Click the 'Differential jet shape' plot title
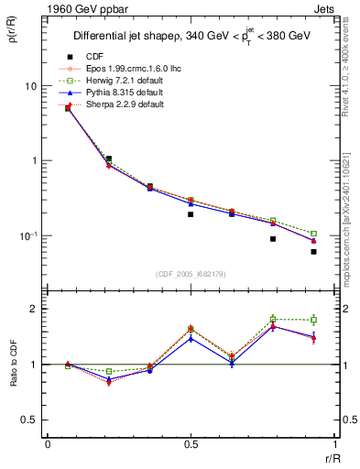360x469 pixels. coord(192,37)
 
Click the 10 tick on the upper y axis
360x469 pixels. coord(33,86)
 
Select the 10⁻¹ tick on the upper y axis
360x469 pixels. coord(29,235)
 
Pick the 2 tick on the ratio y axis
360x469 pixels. coord(36,309)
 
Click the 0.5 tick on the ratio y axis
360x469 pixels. coord(31,420)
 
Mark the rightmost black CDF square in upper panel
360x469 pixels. coord(313,251)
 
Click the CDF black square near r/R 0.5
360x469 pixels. coord(191,214)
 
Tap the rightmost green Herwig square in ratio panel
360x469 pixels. coord(313,320)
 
